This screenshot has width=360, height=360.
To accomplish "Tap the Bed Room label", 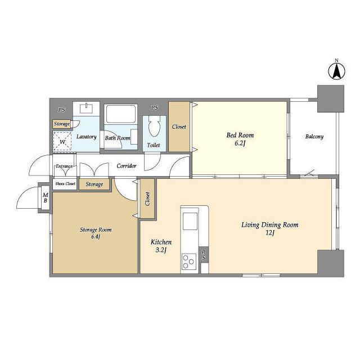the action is tap(240, 135).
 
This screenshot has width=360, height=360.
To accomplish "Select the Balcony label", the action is tap(314, 137).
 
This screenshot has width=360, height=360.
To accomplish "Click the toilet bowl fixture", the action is tap(154, 126).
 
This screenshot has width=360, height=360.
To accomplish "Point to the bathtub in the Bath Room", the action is tap(121, 114).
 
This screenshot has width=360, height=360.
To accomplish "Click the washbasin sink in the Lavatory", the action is tap(86, 109).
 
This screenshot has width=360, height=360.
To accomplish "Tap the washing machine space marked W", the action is tap(62, 141).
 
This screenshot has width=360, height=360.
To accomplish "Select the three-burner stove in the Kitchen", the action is tap(189, 262).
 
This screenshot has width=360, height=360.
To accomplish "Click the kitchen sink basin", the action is tap(190, 221).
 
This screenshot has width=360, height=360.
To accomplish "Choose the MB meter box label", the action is tap(46, 197).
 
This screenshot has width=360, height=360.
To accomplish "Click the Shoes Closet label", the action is tap(65, 184).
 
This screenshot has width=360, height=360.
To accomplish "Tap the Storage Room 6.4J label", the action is tap(96, 233).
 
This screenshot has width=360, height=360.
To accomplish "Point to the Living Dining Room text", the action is tap(270, 225).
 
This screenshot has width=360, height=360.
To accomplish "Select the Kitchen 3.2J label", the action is tap(161, 246).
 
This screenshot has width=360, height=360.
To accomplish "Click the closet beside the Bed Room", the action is tap(179, 127).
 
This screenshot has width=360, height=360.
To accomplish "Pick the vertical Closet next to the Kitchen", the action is tap(147, 199).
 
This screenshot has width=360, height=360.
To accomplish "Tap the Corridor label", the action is tap(127, 166).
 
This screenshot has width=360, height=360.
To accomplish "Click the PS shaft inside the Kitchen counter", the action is tap(204, 255).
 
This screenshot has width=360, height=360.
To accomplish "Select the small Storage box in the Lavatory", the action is tap(62, 124).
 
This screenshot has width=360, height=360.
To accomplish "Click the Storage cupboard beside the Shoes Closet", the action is tap(94, 184).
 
